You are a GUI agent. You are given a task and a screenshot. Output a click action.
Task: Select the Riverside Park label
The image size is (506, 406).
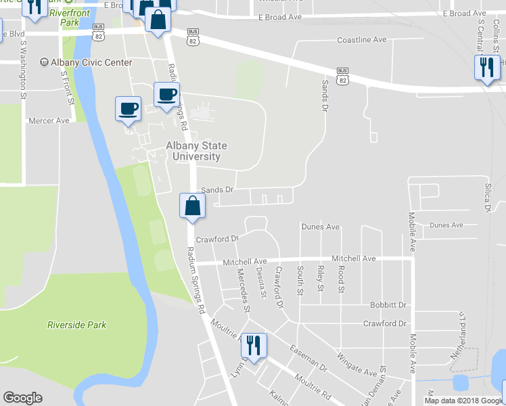pos(76,325)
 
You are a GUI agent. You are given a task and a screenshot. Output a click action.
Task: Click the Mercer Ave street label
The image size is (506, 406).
pos(49,120)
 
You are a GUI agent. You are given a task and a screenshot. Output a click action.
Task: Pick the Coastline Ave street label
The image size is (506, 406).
pos(362,40)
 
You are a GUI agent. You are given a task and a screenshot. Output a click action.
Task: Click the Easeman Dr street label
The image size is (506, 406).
pos(308,359)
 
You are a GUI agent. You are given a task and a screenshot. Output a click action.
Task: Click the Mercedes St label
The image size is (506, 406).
pos(243,290)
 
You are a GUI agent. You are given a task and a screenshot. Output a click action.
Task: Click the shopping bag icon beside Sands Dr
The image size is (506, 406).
pos(192,206)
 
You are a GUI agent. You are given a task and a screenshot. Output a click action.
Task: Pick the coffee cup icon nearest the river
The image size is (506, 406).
pos(128,108)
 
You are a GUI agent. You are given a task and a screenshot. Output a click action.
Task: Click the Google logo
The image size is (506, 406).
pos(22,398)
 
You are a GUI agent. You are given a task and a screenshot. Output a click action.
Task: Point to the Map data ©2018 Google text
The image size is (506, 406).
pos(463,401)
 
